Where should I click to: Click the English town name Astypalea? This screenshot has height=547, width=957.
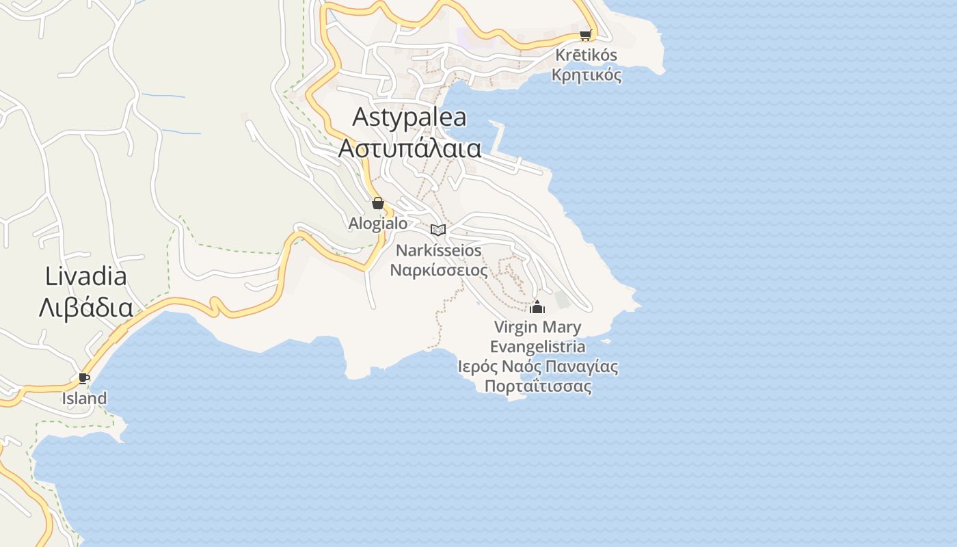point(409,117)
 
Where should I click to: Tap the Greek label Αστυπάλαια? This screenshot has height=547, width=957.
point(410,148)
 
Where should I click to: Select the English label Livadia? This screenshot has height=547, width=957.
point(86,276)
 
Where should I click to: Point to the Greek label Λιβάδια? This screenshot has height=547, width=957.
point(86,308)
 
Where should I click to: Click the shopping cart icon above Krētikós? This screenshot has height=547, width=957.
point(585,35)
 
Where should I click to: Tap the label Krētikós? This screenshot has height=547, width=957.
point(587,55)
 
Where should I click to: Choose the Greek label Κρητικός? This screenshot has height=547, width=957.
point(587,75)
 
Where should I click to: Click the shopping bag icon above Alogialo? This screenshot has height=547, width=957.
point(377,203)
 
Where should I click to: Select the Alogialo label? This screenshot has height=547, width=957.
point(378,224)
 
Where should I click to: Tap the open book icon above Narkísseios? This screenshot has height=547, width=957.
point(438,230)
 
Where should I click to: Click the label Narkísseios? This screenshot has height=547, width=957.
point(439,250)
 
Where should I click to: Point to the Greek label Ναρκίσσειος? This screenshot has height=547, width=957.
point(439,270)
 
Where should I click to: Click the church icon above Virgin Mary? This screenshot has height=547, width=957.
point(537,307)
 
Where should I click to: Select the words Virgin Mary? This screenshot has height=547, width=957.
point(537,327)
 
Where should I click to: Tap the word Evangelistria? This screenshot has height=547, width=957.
point(537,347)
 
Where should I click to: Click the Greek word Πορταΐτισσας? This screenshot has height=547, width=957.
point(538,386)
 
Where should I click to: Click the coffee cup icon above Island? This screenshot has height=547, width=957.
point(84,378)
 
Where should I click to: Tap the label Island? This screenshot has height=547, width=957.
point(85,398)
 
